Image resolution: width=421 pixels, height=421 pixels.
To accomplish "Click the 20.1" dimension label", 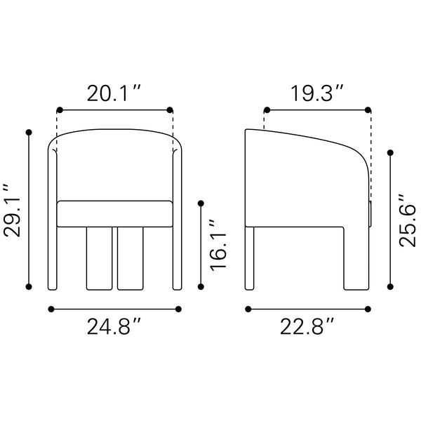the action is tap(114, 93).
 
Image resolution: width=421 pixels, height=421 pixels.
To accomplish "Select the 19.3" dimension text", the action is tap(317, 93).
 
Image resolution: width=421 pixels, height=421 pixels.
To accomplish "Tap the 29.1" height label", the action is tap(12, 210).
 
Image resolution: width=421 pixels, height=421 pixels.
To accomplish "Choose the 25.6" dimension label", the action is tap(407, 220).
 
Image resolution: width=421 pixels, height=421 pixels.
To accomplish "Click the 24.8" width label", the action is tap(114, 326).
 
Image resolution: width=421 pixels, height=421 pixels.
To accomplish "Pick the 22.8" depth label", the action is tap(307, 326).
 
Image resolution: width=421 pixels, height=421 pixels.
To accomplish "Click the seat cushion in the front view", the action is tap(114, 214).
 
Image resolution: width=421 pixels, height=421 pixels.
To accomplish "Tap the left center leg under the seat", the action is tap(99, 258).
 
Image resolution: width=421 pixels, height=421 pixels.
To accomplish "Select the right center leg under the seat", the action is tap(131, 258).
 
